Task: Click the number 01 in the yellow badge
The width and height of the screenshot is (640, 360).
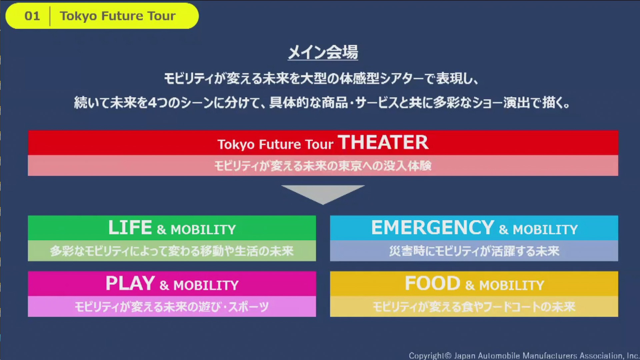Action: pos(32,16)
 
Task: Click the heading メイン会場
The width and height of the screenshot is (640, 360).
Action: pos(323,52)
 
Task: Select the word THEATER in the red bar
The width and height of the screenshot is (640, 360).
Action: pos(383,143)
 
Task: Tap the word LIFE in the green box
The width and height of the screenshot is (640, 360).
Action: pos(130,228)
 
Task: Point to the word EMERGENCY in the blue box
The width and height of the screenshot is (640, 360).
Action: pos(432,228)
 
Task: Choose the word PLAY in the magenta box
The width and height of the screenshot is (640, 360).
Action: pos(130,284)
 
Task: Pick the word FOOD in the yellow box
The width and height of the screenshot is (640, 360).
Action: pos(432,284)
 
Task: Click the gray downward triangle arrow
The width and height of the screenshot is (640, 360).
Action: pos(323,194)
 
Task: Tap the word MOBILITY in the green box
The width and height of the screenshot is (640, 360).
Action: pos(203,230)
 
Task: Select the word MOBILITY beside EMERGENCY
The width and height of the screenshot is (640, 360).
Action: pos(545,230)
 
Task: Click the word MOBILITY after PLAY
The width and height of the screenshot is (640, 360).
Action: pos(206,285)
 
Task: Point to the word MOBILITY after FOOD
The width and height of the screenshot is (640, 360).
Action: pos(511,285)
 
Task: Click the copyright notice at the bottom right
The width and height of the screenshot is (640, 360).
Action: pos(523,356)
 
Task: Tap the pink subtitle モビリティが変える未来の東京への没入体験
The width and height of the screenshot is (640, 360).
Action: pos(323,166)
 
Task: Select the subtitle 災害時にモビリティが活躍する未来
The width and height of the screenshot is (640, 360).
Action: pos(474,251)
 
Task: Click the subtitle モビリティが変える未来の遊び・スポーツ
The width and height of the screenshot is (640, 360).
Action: pos(172,307)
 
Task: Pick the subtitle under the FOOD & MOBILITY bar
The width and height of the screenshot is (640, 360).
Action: pos(474,307)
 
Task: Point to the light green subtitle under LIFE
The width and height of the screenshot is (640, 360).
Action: pos(172,251)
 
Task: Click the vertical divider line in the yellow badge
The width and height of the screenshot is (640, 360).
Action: pos(50,16)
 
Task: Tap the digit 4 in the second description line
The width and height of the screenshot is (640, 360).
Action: pos(152,103)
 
